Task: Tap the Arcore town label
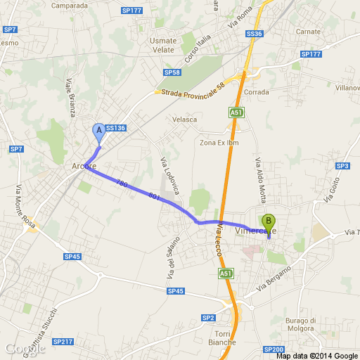tap(84, 166)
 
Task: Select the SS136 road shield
tap(115, 128)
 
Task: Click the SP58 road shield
tap(172, 72)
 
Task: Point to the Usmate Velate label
tap(163, 45)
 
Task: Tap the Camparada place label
tap(70, 6)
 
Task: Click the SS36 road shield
tap(255, 34)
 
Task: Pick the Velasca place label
tap(186, 119)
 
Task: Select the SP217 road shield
tap(63, 342)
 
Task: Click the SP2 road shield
tap(208, 318)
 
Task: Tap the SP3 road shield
tap(342, 166)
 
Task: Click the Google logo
tap(25, 348)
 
